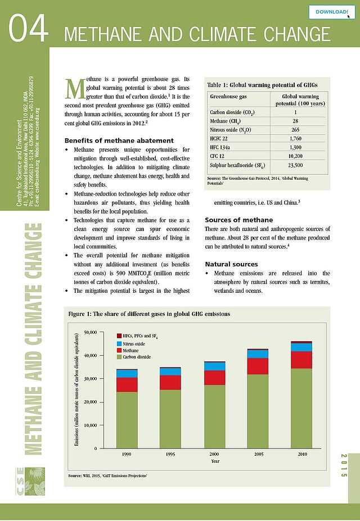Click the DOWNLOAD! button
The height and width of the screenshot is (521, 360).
[x=332, y=11]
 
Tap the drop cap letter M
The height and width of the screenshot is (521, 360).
[x=74, y=88]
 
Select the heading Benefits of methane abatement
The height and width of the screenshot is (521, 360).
[x=119, y=141]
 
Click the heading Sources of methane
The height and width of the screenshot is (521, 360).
[x=239, y=220]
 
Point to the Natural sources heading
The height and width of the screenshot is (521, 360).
[x=231, y=264]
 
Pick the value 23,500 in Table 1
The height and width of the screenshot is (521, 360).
[x=295, y=165]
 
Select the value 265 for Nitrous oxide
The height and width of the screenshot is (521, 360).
[x=295, y=130]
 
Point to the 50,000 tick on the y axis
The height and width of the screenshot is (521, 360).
[x=90, y=332]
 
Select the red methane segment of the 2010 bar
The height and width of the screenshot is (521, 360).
[x=301, y=360]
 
